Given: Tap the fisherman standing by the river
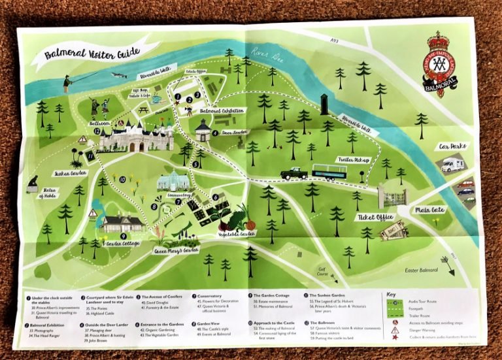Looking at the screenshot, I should click(67, 84).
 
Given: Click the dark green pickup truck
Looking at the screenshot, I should click(293, 173).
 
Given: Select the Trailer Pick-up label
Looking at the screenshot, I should click(352, 159).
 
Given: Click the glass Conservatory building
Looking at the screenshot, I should click(174, 182).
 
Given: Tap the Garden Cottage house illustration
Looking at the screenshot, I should click(122, 224).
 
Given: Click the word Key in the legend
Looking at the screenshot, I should click(392, 295).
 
